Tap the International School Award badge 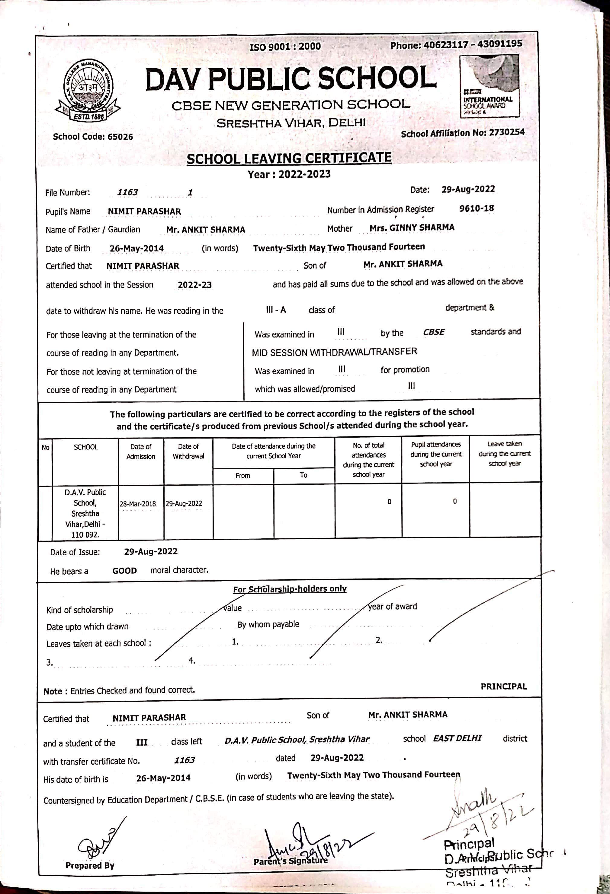(x=490, y=86)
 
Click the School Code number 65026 (x=120, y=137)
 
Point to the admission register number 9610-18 (x=476, y=208)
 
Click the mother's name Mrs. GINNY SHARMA (x=412, y=228)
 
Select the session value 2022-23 (x=194, y=285)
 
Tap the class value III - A (x=276, y=310)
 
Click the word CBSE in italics (x=434, y=332)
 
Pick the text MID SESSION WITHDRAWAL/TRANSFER (x=334, y=352)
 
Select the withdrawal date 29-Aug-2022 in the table (x=184, y=503)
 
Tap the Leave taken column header (x=505, y=454)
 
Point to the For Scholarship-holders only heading (x=290, y=589)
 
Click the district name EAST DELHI (x=457, y=738)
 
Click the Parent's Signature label (x=291, y=861)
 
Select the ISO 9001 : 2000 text (x=285, y=46)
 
